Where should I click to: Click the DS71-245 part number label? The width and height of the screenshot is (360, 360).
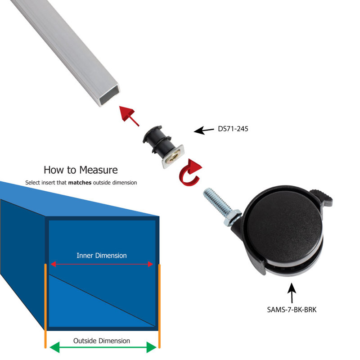point(233,129)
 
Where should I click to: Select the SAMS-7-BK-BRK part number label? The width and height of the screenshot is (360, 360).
point(292,310)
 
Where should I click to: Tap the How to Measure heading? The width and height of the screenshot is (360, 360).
point(81,170)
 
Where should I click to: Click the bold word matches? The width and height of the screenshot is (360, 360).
point(80,183)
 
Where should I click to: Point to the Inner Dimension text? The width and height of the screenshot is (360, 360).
point(102,256)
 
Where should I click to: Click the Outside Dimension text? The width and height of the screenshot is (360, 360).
point(102,341)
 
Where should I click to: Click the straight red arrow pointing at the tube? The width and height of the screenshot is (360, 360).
point(129,116)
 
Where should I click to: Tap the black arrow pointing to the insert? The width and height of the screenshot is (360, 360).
point(204,130)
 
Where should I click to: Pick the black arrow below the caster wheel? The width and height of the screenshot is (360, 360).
point(292,293)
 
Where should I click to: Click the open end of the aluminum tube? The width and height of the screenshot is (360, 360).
point(110,94)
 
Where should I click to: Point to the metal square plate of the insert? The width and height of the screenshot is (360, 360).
point(173,156)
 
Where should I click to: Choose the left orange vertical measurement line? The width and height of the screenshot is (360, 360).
point(45,306)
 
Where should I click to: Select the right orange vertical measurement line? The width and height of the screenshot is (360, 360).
point(159,306)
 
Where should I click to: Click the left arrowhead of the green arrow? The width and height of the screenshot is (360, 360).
point(54,347)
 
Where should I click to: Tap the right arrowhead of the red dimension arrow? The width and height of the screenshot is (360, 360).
point(151,264)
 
